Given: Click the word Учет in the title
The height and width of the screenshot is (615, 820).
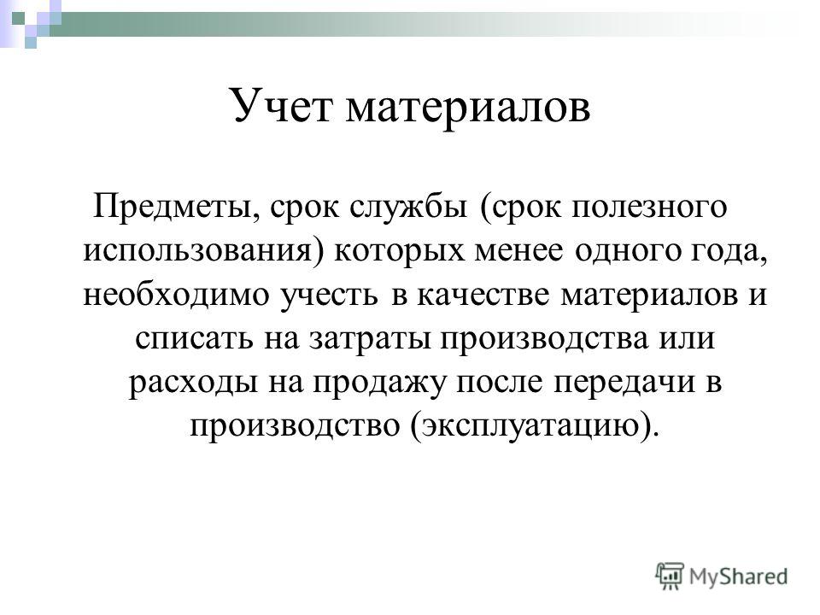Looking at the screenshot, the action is click(281, 105).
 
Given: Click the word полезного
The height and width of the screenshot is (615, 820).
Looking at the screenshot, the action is click(649, 208).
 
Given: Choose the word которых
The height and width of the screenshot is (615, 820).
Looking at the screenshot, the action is click(399, 251).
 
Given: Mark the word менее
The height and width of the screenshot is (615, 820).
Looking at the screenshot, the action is click(518, 251).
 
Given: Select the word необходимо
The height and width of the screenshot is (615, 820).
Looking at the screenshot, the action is click(177, 295).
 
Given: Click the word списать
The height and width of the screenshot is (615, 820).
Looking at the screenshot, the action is click(194, 339).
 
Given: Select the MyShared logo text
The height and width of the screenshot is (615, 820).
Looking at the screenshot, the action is click(738, 577).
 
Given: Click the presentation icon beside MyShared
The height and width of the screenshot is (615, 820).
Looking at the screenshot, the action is click(670, 576).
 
